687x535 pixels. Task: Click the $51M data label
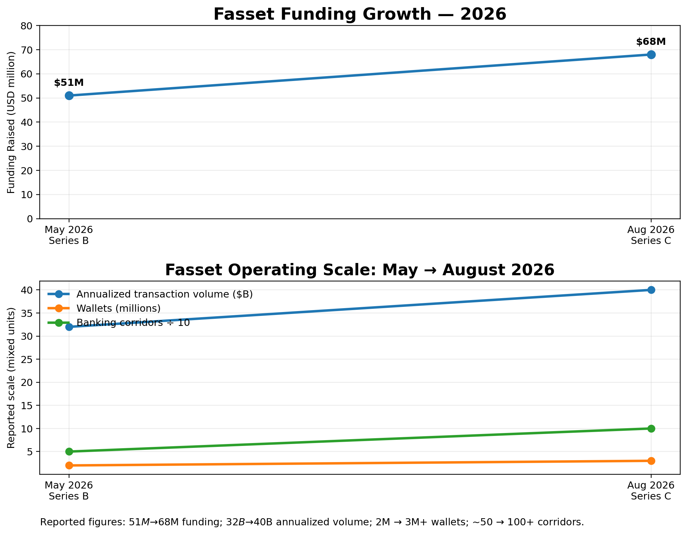coord(69,83)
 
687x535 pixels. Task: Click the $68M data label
coord(651,42)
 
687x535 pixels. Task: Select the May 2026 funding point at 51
coord(69,96)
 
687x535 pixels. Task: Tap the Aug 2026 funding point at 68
coord(651,55)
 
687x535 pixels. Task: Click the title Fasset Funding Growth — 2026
coord(360,15)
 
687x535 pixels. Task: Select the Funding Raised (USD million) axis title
coord(11,122)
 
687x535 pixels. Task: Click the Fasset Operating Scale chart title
coord(360,270)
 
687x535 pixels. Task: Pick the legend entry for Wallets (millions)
coord(118,308)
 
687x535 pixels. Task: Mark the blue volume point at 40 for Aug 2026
coord(651,290)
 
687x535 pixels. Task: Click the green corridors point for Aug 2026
coord(651,429)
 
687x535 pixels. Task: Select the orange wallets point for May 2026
coord(69,465)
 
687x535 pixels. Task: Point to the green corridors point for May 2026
coord(69,451)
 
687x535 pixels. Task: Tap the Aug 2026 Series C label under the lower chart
coord(651,491)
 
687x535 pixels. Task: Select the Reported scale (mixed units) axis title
coord(11,378)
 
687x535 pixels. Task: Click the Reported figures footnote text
coord(312,522)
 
